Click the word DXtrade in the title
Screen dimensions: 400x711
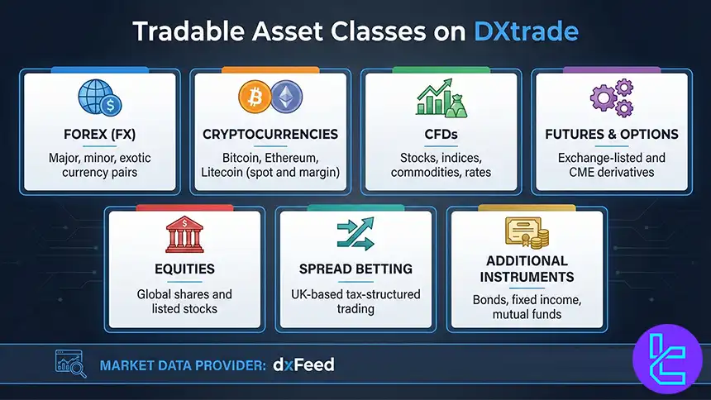tap(526, 31)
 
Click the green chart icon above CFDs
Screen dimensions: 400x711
tap(439, 98)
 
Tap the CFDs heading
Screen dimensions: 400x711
tap(440, 134)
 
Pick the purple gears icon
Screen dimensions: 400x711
tap(612, 98)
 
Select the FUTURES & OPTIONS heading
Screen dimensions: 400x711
tap(612, 134)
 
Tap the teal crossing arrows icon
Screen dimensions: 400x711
tap(355, 235)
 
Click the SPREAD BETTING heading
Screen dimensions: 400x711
tap(355, 269)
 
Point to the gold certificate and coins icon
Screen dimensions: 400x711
tap(527, 233)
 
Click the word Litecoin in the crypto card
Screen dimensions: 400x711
tap(224, 171)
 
